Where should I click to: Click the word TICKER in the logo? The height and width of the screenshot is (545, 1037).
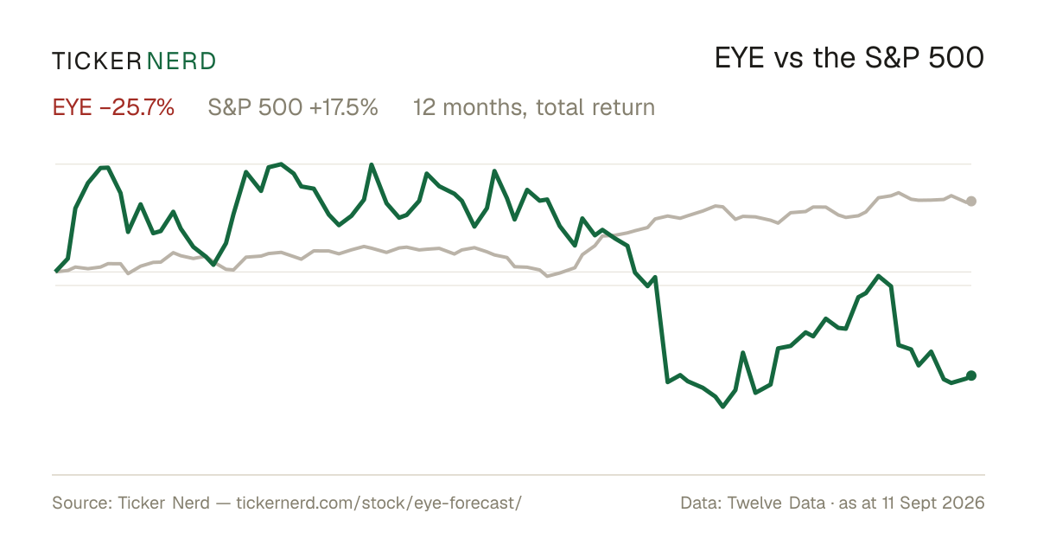(96, 61)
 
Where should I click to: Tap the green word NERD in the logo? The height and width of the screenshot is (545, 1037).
(181, 61)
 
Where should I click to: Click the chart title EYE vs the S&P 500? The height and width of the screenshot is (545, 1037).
(849, 58)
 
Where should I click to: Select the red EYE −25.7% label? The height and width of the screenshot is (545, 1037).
(113, 107)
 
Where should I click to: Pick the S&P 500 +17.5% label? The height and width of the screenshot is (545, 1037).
(293, 107)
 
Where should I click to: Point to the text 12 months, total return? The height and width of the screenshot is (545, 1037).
(534, 108)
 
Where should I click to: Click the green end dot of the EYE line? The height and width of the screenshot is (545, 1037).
(971, 375)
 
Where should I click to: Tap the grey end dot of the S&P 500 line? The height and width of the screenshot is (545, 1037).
(971, 201)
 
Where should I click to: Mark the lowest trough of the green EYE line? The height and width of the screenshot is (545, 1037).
(723, 407)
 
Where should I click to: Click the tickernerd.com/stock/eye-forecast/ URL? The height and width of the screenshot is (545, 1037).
(379, 503)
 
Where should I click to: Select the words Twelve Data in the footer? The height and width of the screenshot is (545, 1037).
(776, 503)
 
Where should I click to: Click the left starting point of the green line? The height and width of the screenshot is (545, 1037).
(56, 271)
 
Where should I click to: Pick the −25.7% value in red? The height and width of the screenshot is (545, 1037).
(137, 107)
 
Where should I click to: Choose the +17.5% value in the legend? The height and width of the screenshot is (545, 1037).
(344, 107)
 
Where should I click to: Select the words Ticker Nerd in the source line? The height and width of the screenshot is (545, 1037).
(163, 503)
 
